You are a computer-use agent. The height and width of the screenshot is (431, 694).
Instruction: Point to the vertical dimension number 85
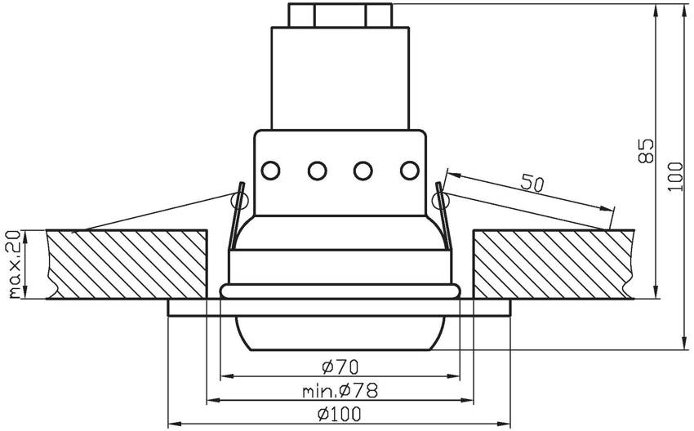646,152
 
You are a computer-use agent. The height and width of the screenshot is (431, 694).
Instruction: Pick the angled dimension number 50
532,184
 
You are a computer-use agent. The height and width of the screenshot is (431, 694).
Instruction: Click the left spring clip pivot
240,198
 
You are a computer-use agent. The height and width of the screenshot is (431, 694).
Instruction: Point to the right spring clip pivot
439,198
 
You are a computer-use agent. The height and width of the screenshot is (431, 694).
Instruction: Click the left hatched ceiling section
127,264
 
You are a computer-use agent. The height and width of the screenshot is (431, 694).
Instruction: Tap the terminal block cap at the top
340,16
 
